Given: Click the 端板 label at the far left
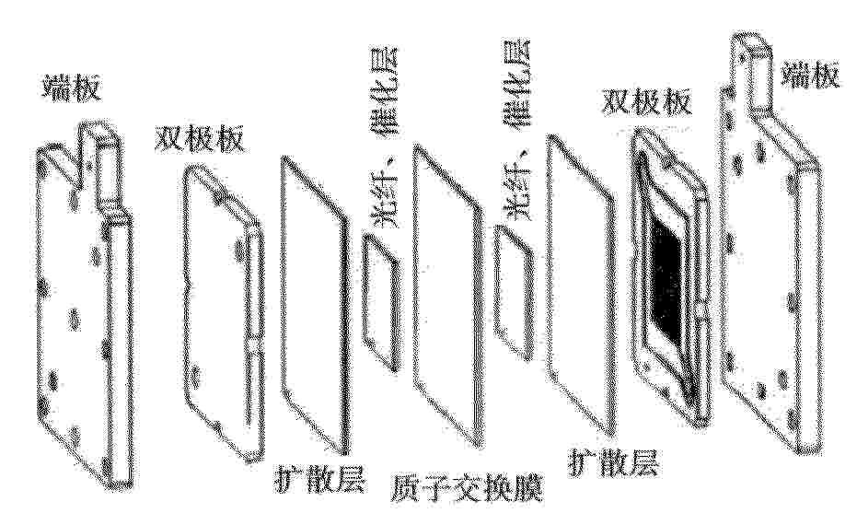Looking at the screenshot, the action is (x=73, y=88).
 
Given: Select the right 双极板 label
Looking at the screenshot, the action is (x=646, y=100).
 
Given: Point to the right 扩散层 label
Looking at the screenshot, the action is (x=614, y=461).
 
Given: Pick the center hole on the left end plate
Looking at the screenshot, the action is (x=75, y=319).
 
